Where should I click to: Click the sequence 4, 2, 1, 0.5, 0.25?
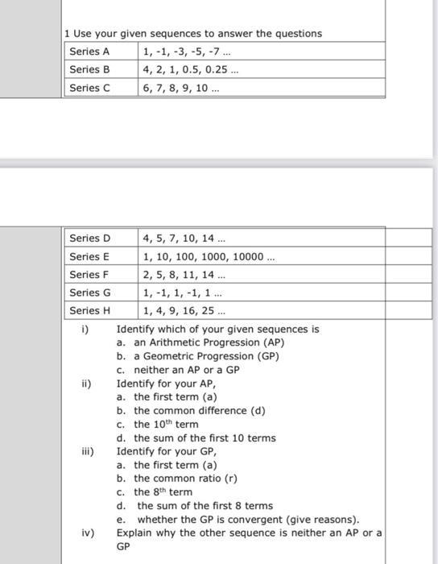tap(191, 69)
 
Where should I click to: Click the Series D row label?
tap(89, 238)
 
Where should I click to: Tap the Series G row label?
tap(89, 292)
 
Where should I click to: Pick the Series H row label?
tap(89, 310)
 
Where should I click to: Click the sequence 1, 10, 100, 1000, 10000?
tap(209, 256)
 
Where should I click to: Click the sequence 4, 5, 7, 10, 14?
tap(184, 238)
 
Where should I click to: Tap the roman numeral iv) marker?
tap(87, 533)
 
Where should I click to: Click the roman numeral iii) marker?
tap(87, 451)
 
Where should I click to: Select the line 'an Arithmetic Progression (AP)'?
tap(209, 342)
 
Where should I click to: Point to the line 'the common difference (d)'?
tap(199, 410)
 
